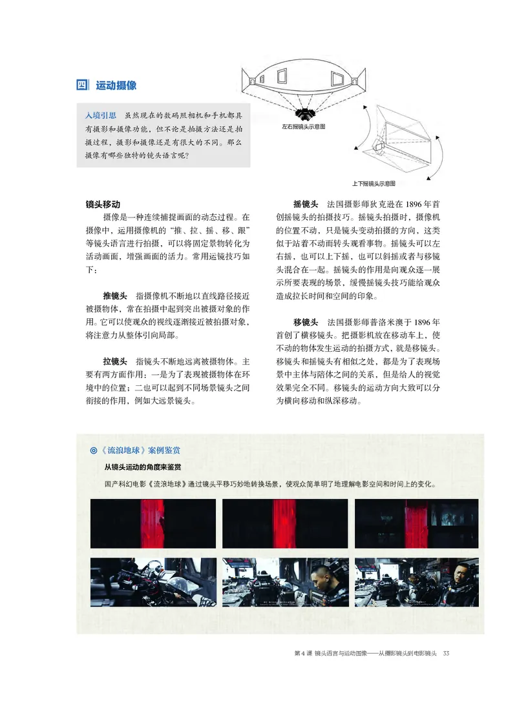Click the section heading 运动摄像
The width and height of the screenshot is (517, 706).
point(116,85)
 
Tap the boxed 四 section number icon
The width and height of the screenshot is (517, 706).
point(82,85)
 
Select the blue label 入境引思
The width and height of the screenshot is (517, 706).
point(101,115)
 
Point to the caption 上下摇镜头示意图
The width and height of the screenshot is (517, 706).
point(374,183)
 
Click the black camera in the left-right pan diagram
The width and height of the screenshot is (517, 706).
point(302,112)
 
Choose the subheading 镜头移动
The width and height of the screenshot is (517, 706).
point(103,205)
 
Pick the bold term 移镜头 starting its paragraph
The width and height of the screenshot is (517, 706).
point(305,321)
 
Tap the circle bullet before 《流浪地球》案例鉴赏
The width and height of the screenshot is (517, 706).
point(94,450)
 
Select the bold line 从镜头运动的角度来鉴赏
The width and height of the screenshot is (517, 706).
point(142,467)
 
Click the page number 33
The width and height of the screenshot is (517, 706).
point(446,654)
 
